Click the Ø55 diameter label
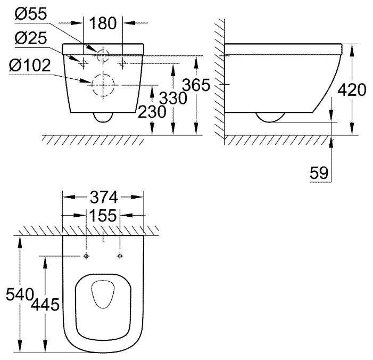30,15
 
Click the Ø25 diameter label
30,38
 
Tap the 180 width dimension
103,23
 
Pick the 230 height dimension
152,111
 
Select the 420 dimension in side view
352,90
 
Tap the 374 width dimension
103,198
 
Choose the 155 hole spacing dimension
103,216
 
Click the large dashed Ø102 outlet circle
103,84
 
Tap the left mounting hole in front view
84,63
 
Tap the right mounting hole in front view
123,63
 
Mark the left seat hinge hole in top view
86,256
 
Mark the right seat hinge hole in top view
120,256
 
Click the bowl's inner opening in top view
103,294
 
